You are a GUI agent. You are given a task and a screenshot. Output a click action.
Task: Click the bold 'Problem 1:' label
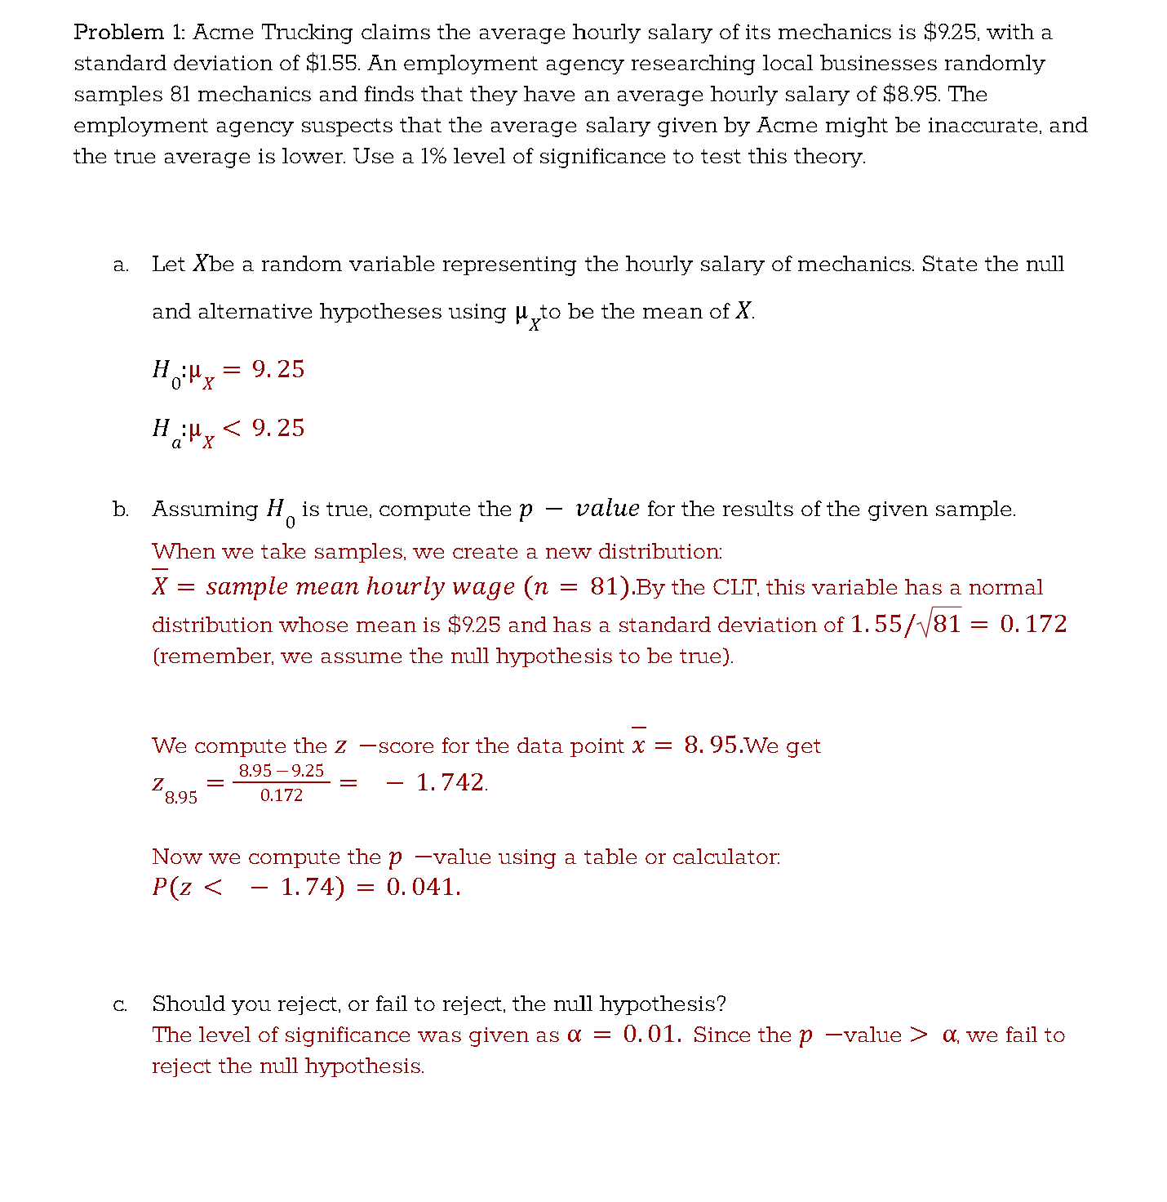coord(130,33)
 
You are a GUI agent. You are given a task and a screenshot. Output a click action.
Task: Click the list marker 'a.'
coord(121,265)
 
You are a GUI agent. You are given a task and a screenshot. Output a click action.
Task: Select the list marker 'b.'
coord(121,510)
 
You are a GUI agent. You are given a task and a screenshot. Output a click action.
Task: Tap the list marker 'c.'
coord(121,1004)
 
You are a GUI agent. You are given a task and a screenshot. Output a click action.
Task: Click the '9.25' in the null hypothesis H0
coord(277,370)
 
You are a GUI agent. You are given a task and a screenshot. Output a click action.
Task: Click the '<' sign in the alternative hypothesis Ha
coord(232,429)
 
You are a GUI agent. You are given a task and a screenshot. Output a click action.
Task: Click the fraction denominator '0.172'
coord(282,795)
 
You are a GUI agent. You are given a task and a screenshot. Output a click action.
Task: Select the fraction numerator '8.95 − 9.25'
coord(282,771)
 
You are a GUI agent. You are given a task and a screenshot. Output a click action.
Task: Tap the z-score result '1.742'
coord(450,782)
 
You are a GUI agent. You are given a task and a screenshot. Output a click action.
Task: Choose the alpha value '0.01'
coord(650,1035)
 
